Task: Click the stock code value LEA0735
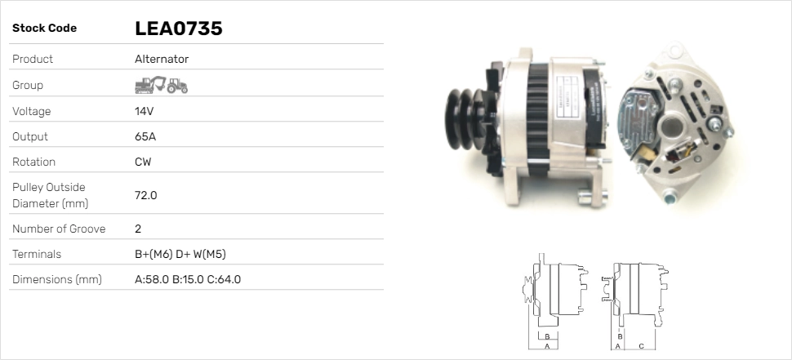pyautogui.click(x=178, y=29)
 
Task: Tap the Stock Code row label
pyautogui.click(x=44, y=29)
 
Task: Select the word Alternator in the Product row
pyautogui.click(x=162, y=59)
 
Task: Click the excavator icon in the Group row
pyautogui.click(x=150, y=85)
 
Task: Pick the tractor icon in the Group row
pyautogui.click(x=177, y=86)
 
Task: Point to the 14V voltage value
pyautogui.click(x=144, y=111)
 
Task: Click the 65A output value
pyautogui.click(x=145, y=137)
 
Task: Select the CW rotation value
pyautogui.click(x=143, y=162)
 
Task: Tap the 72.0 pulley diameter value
pyautogui.click(x=146, y=195)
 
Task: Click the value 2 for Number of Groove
pyautogui.click(x=138, y=229)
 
